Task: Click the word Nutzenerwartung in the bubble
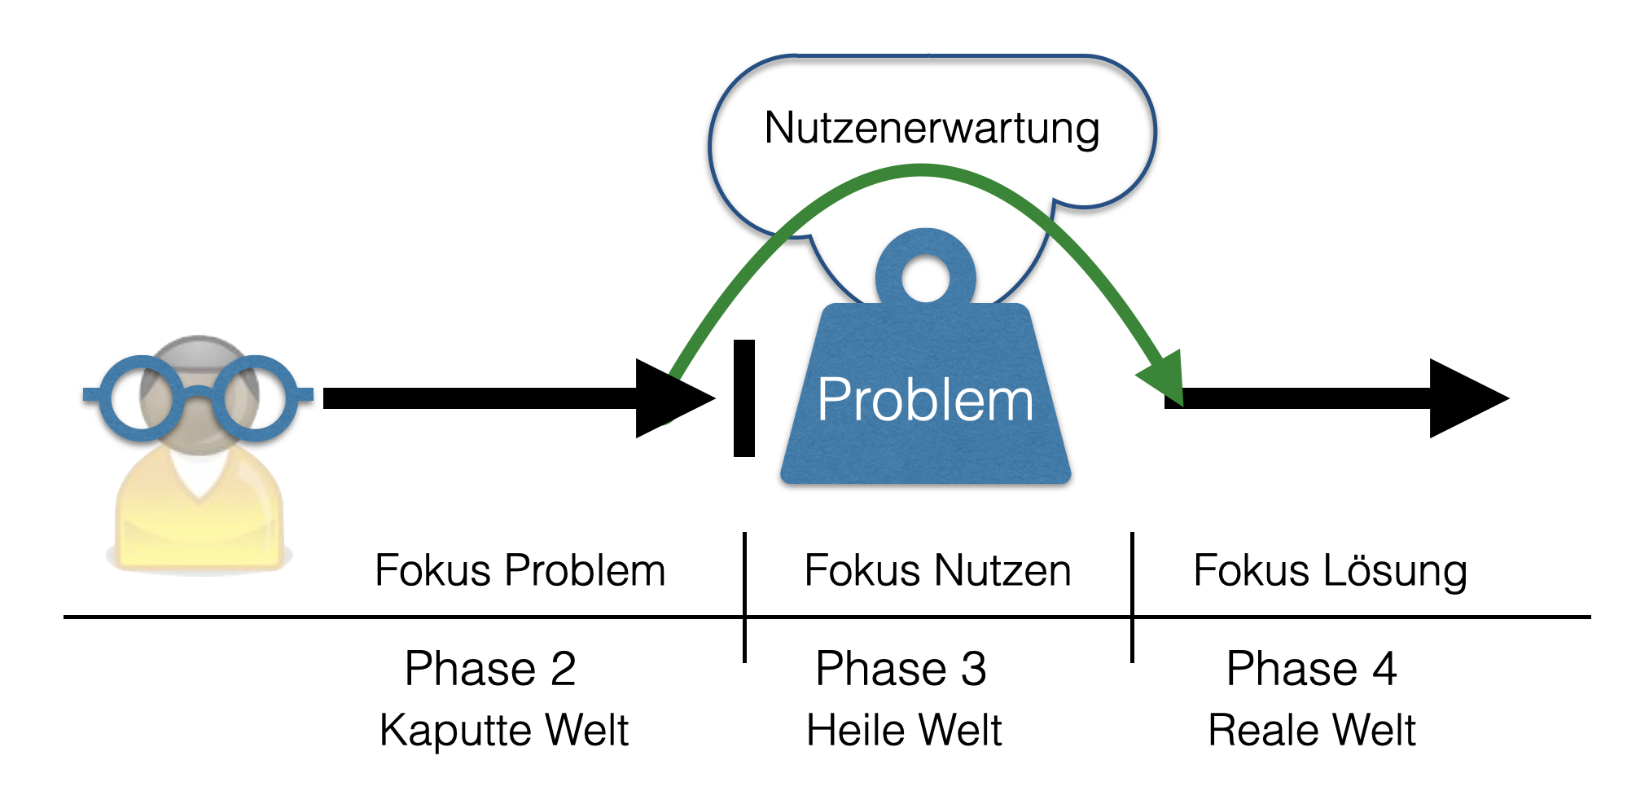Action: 932,129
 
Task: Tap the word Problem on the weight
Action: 925,401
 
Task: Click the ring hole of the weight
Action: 925,279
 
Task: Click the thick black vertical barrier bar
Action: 744,398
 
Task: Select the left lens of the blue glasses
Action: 142,398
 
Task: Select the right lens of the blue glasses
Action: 255,398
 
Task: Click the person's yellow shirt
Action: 200,521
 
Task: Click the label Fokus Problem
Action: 520,570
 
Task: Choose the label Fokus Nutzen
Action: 937,570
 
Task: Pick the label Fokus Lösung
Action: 1330,570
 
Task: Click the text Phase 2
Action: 490,670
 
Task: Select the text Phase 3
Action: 901,670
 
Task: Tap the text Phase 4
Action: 1311,670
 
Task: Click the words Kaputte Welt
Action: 503,730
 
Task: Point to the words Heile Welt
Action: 903,730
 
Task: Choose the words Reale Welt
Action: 1311,730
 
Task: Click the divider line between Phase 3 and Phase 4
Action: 1132,597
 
